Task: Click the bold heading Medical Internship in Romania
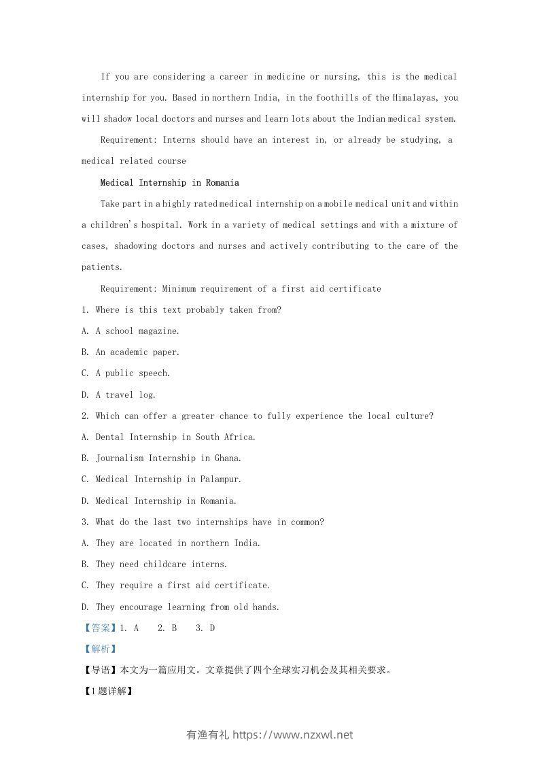point(169,182)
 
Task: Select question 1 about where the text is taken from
point(181,309)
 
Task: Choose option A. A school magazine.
point(131,330)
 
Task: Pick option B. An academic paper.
point(131,352)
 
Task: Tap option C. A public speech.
point(126,373)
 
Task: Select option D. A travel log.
point(118,394)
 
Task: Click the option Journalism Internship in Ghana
point(169,458)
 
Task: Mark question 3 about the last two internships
point(203,522)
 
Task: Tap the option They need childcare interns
point(161,564)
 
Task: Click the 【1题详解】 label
point(107,691)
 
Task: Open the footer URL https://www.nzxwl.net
point(293,734)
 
